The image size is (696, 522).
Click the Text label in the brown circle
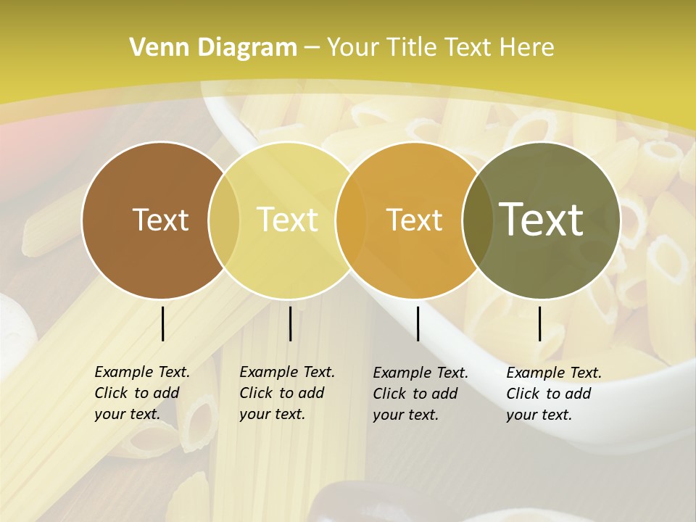160,220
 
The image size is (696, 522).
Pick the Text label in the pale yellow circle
288,220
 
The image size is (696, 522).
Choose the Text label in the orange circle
415,220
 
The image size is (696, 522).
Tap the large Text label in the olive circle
542,219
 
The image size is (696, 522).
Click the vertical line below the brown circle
163,323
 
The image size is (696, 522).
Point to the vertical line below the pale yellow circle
290,323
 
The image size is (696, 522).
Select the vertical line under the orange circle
418,323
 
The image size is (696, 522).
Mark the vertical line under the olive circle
540,323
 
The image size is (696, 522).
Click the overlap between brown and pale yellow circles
224,220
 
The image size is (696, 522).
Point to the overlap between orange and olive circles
475,220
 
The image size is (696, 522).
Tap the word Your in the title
353,48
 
